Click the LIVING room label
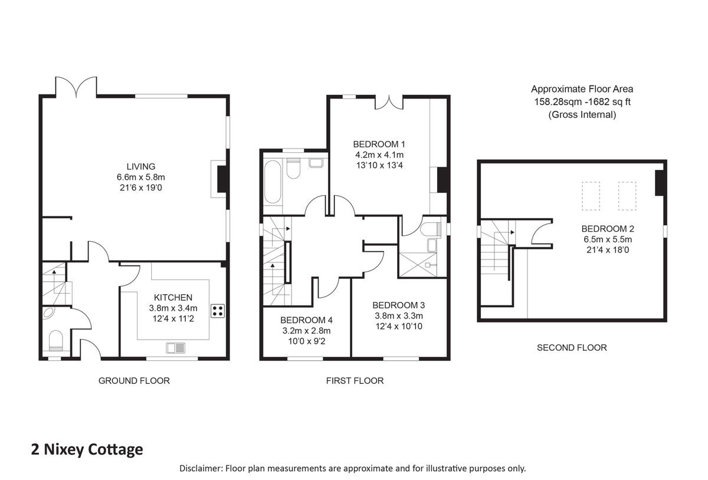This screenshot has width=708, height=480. [x=140, y=166]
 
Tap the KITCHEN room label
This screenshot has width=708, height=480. [x=173, y=297]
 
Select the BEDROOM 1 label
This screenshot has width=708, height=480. [x=379, y=144]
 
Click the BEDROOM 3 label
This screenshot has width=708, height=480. [x=398, y=305]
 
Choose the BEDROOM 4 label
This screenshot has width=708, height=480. [x=306, y=320]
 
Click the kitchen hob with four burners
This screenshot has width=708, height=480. [x=217, y=311]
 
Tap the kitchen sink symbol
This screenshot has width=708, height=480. [x=176, y=347]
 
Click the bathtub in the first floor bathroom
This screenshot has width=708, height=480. [x=273, y=180]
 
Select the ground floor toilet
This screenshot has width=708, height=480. [x=55, y=340]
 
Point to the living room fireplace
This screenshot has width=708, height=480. [x=222, y=179]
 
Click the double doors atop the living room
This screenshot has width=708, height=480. [x=76, y=87]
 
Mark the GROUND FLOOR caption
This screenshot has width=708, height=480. [x=134, y=381]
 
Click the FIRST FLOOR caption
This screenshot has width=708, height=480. [x=355, y=381]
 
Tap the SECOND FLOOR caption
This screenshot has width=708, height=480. [x=571, y=348]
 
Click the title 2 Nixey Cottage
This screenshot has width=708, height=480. [x=87, y=449]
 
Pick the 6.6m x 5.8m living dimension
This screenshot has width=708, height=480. [x=140, y=177]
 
